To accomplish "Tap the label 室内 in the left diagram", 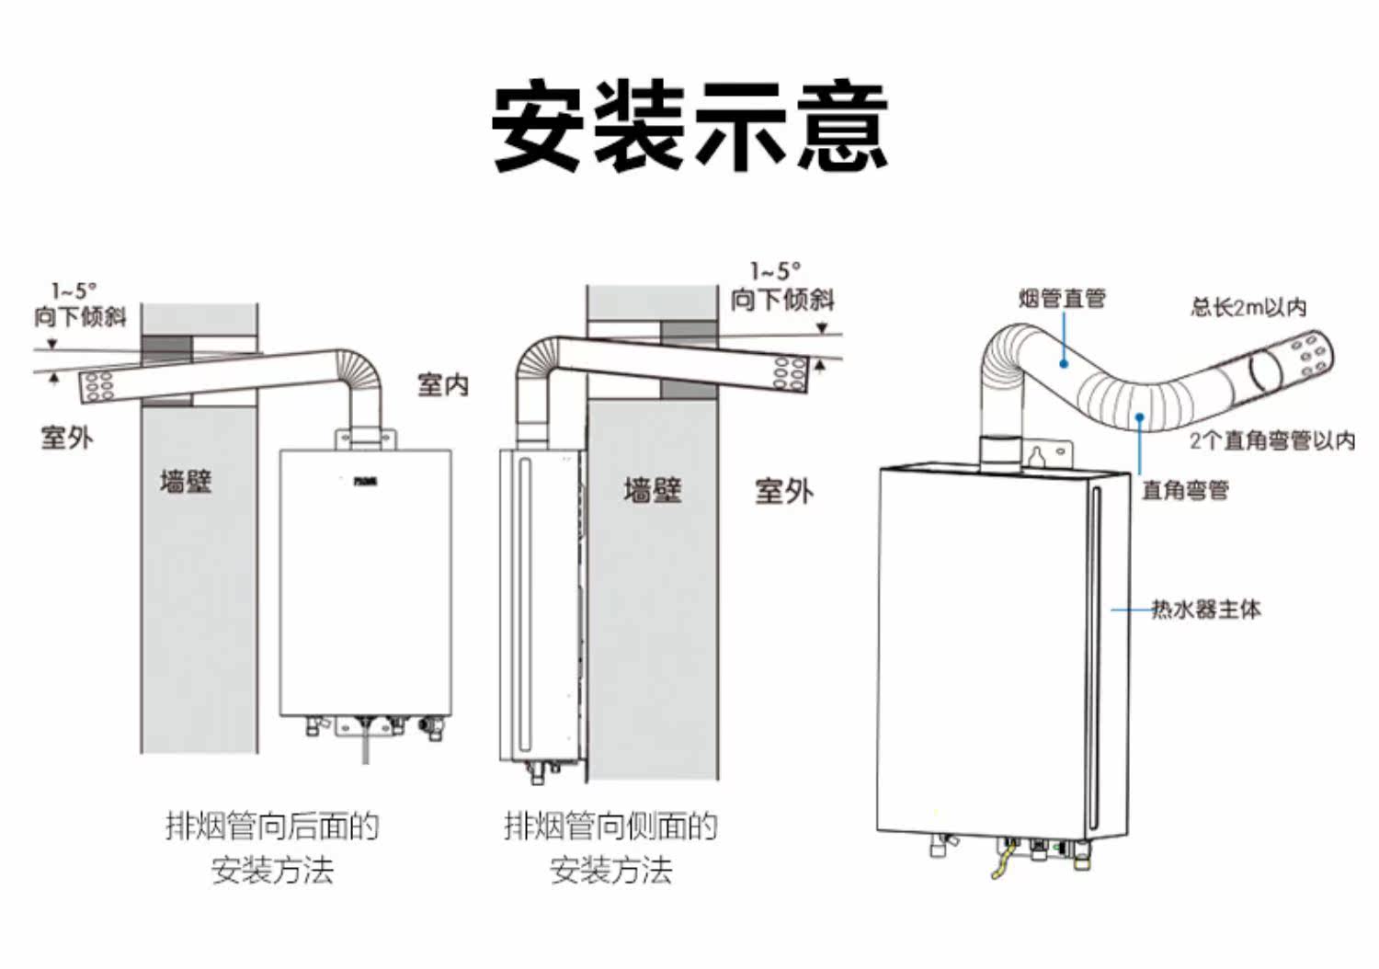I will coord(442,384).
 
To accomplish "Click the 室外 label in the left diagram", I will coord(67,437).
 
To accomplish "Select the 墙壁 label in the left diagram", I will coord(186,481).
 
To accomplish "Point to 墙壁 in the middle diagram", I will coord(652,490).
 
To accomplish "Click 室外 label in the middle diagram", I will coord(783,491).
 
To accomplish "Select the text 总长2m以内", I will coord(1248,307).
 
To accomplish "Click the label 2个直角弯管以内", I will coord(1271,440).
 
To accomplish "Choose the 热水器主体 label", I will coord(1205,609).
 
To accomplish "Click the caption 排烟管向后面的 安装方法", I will coord(272,847).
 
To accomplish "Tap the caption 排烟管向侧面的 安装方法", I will coord(610,847).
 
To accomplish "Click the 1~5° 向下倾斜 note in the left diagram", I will coord(80,306).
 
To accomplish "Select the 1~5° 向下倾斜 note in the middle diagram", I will coord(781,286).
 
